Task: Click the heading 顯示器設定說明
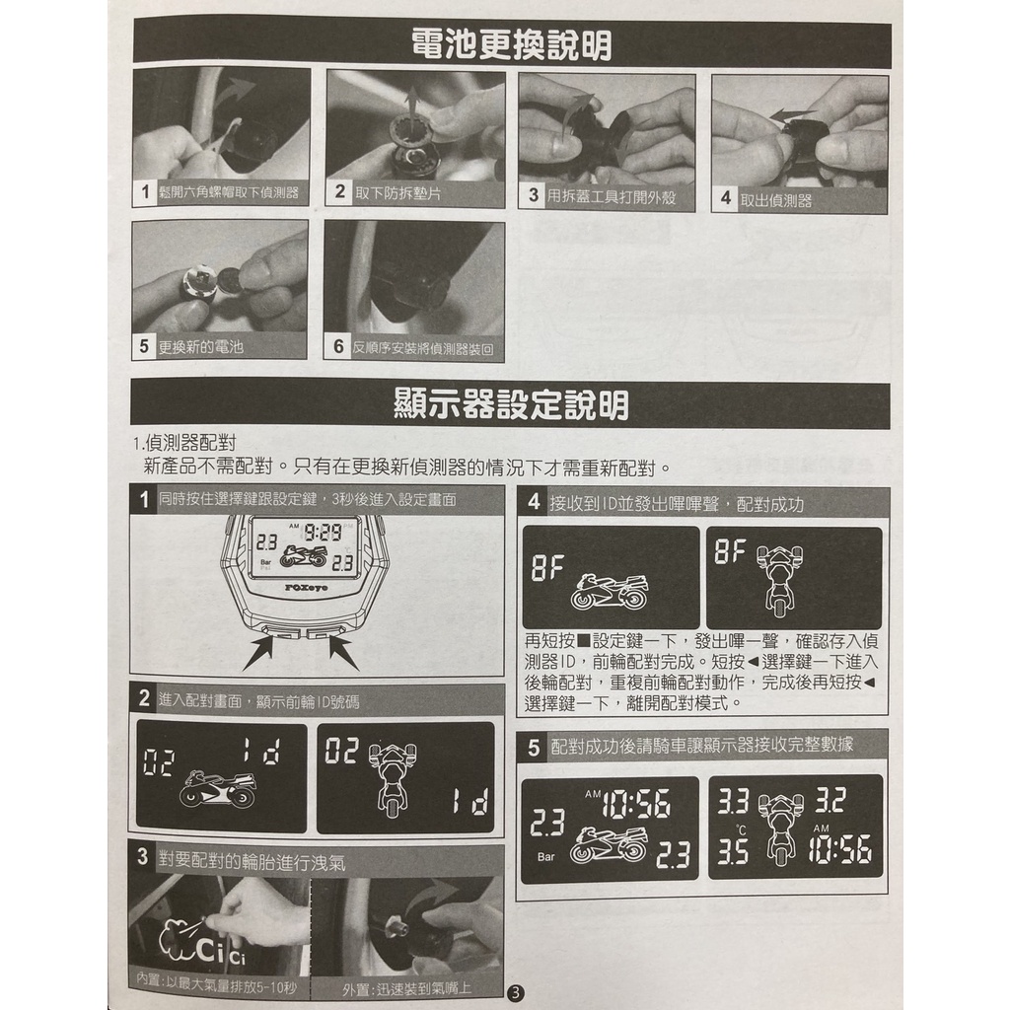512,404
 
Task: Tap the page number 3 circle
516,992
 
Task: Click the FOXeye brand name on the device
306,588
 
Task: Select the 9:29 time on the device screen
323,533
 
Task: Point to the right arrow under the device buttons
342,653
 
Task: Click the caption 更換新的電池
201,347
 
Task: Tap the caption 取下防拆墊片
398,192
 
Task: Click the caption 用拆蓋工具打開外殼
612,196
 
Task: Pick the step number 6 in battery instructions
339,346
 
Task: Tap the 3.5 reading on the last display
733,852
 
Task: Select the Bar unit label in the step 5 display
545,857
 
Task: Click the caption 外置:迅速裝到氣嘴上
406,988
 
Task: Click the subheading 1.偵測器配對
184,443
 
